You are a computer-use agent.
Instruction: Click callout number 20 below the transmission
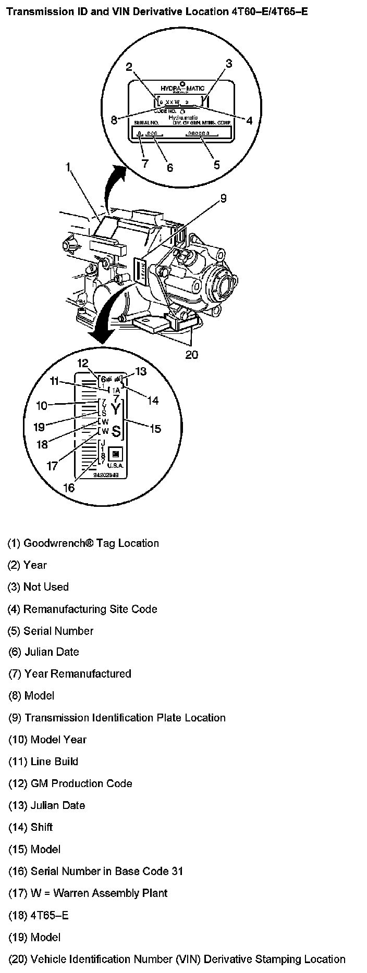pos(192,354)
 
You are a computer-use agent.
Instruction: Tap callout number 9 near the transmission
pos(223,198)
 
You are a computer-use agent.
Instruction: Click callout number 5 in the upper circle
pos(216,165)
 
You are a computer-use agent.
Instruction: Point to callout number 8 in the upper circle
pos(114,120)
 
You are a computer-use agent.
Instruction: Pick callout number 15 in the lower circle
pos(155,429)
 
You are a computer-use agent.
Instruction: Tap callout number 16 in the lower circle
pos(69,488)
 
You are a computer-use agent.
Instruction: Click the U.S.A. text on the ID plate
pos(115,465)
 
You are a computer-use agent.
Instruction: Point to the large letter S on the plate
pos(116,431)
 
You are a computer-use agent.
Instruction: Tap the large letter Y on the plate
pos(116,408)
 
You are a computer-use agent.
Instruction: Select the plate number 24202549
pos(106,475)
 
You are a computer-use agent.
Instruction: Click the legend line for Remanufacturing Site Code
pos(82,609)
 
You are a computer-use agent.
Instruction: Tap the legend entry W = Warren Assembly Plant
pos(88,893)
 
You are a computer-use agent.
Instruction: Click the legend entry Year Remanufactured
pos(70,673)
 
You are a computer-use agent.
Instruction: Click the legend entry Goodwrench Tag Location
pos(83,543)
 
